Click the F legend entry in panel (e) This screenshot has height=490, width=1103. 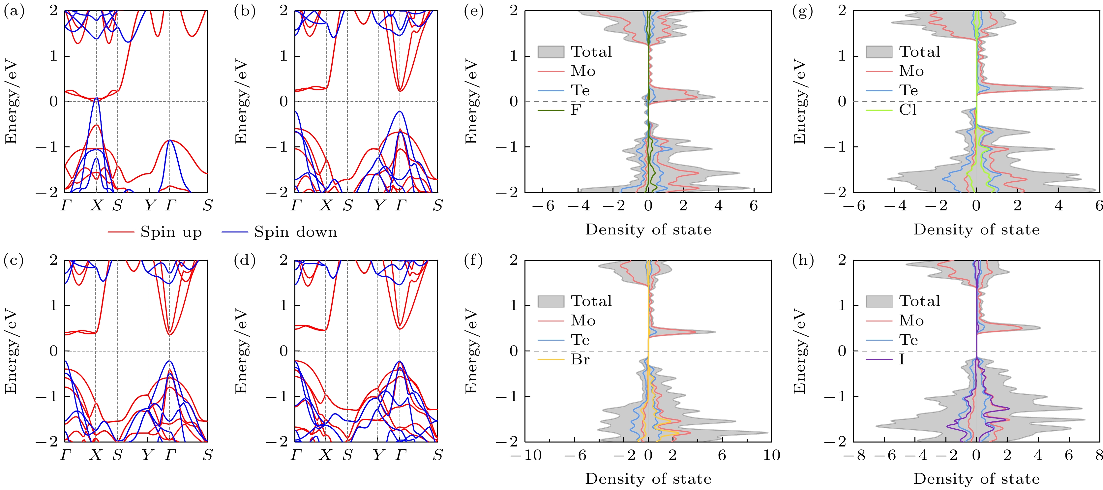[x=576, y=110]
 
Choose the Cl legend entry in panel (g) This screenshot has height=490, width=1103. [x=907, y=110]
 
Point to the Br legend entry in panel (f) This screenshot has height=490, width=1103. [x=580, y=359]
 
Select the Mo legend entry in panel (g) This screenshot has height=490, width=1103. [x=911, y=71]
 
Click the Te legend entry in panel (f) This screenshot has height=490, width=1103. [x=580, y=340]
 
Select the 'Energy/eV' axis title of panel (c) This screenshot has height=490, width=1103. [x=11, y=351]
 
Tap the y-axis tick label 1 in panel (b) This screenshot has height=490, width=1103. [x=283, y=56]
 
